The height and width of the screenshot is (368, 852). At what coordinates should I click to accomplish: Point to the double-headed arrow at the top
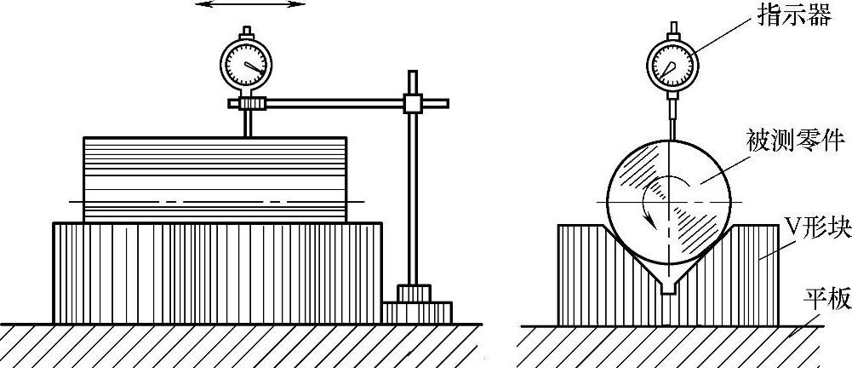(x=249, y=5)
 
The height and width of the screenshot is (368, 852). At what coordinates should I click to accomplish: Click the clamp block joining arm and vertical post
(x=414, y=104)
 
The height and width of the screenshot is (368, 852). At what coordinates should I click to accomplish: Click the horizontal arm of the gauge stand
(x=332, y=104)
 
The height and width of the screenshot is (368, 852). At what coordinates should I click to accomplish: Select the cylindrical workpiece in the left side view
(x=214, y=177)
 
